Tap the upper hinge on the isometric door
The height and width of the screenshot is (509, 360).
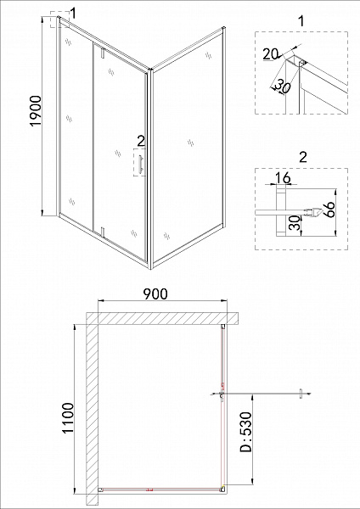point(102,54)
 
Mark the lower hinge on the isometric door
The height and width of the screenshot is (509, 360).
point(102,230)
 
